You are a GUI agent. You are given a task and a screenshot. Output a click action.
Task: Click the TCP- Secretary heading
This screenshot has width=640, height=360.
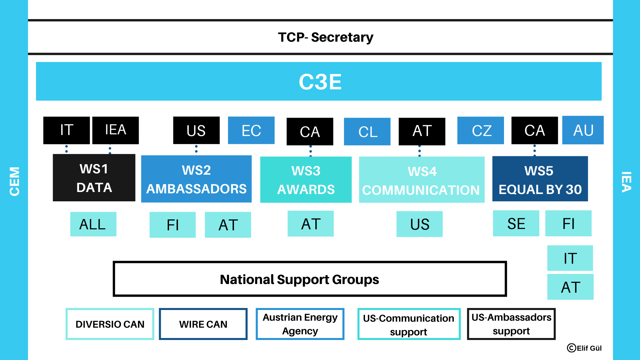pyautogui.click(x=326, y=37)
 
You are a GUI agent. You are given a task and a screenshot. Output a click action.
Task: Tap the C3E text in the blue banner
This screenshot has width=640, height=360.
pyautogui.click(x=320, y=82)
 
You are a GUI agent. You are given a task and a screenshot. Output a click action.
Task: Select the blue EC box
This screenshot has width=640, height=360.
pyautogui.click(x=251, y=130)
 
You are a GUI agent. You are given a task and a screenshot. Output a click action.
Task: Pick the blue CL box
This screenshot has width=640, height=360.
pyautogui.click(x=367, y=131)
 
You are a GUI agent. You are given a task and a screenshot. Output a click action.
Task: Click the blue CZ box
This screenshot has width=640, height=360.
pyautogui.click(x=480, y=130)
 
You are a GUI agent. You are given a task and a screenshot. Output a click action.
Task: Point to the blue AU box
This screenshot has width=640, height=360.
pyautogui.click(x=583, y=130)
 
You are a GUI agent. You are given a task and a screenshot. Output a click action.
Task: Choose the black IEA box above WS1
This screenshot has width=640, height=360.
pyautogui.click(x=115, y=130)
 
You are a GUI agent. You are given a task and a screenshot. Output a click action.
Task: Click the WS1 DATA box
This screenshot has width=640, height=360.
pyautogui.click(x=94, y=178)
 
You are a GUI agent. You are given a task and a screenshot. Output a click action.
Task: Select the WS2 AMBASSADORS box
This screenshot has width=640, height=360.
pyautogui.click(x=196, y=179)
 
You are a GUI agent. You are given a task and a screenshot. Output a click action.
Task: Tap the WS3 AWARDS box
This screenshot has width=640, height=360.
pyautogui.click(x=306, y=180)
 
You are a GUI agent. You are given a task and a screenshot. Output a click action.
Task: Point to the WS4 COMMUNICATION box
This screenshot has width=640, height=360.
pyautogui.click(x=422, y=180)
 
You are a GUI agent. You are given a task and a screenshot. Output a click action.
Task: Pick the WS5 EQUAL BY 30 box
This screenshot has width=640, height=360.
pyautogui.click(x=540, y=179)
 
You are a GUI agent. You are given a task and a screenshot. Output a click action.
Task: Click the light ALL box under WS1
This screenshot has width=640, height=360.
pyautogui.click(x=93, y=224)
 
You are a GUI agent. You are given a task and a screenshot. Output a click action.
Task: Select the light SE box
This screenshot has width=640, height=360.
pyautogui.click(x=516, y=223)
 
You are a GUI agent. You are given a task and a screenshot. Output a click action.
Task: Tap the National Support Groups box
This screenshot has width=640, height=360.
pyautogui.click(x=310, y=279)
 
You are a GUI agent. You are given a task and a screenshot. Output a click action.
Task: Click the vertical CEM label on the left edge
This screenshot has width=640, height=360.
pyautogui.click(x=14, y=181)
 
